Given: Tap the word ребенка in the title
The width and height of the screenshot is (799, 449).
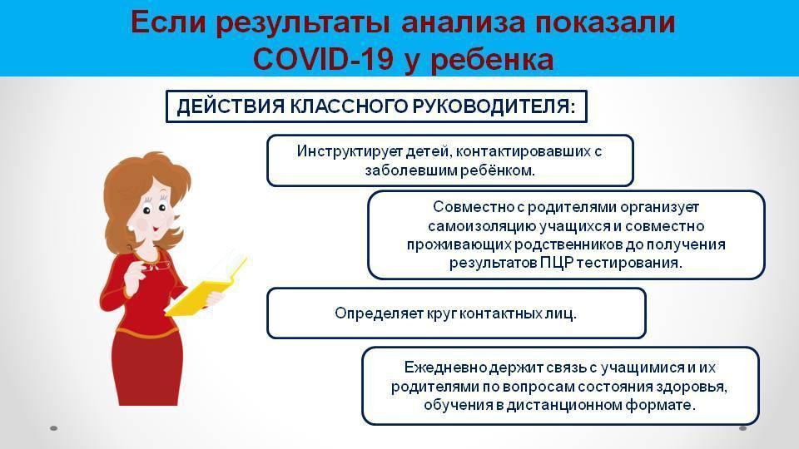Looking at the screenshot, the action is pyautogui.click(x=492, y=60).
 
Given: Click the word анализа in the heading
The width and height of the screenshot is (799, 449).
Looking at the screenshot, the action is pyautogui.click(x=463, y=23).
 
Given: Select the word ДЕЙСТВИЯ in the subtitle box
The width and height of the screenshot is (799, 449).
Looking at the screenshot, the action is pyautogui.click(x=231, y=106).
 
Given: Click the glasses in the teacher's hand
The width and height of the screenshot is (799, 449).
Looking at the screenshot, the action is pyautogui.click(x=156, y=265).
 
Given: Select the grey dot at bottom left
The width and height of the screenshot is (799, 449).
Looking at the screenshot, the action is pyautogui.click(x=54, y=428).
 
